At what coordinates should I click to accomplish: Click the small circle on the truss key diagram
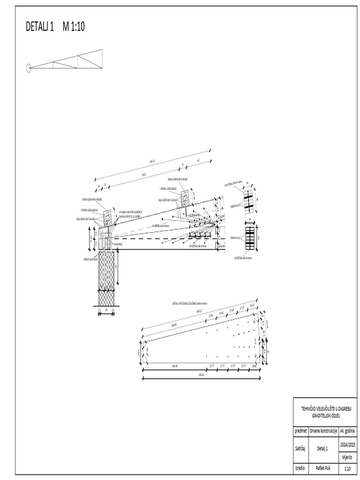pyautogui.click(x=28, y=68)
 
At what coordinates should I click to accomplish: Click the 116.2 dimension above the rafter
pyautogui.click(x=144, y=174)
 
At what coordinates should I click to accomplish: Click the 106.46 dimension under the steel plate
pyautogui.click(x=174, y=365)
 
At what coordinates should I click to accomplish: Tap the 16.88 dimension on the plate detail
pyautogui.click(x=254, y=365)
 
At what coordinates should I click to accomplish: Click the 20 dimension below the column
pyautogui.click(x=106, y=310)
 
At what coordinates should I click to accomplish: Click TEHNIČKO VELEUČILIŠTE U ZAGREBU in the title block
pyautogui.click(x=325, y=408)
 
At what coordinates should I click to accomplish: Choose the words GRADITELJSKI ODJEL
pyautogui.click(x=325, y=415)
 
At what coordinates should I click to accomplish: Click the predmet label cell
pyautogui.click(x=300, y=430)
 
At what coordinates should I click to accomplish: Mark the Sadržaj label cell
pyautogui.click(x=300, y=448)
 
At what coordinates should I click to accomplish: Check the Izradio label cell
pyautogui.click(x=300, y=468)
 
